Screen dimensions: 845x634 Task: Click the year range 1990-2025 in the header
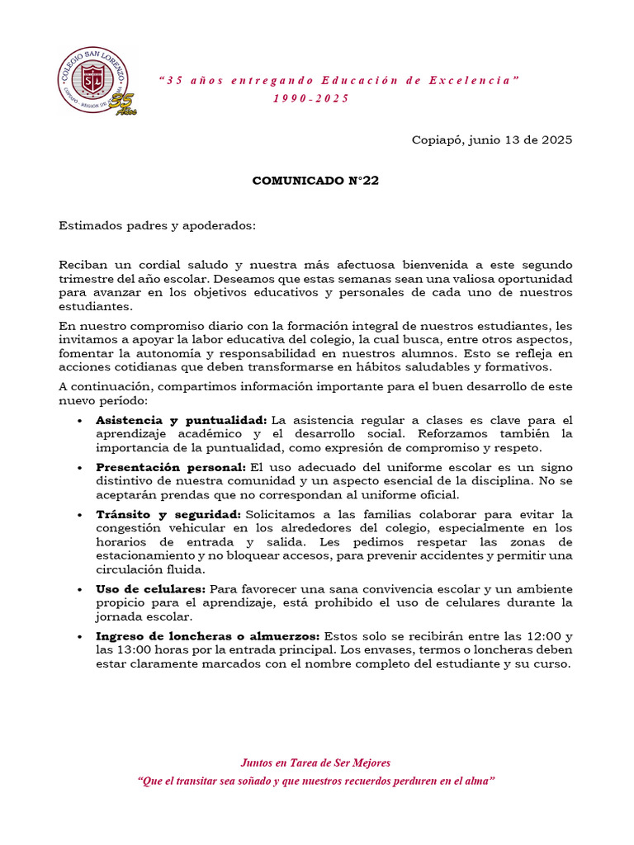coord(311,98)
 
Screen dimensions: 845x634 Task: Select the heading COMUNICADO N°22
coord(315,182)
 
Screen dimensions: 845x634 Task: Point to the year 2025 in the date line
coord(556,139)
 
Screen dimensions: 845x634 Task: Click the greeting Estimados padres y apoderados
coord(158,224)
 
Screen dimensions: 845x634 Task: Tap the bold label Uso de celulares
coord(151,589)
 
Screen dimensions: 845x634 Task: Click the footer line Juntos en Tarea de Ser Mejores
coord(315,762)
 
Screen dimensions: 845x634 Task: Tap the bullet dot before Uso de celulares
coord(79,590)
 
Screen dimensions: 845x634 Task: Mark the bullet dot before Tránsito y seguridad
coord(79,513)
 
